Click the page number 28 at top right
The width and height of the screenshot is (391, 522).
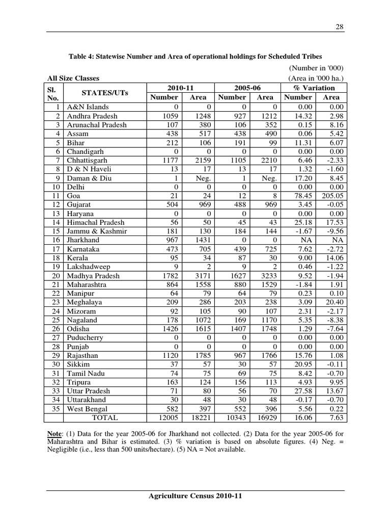(x=340, y=27)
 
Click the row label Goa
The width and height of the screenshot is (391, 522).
(x=73, y=195)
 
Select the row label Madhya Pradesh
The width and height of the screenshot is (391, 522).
(x=93, y=276)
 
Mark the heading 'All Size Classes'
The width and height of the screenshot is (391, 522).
(x=73, y=78)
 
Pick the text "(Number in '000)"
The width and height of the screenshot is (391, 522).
(x=316, y=68)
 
